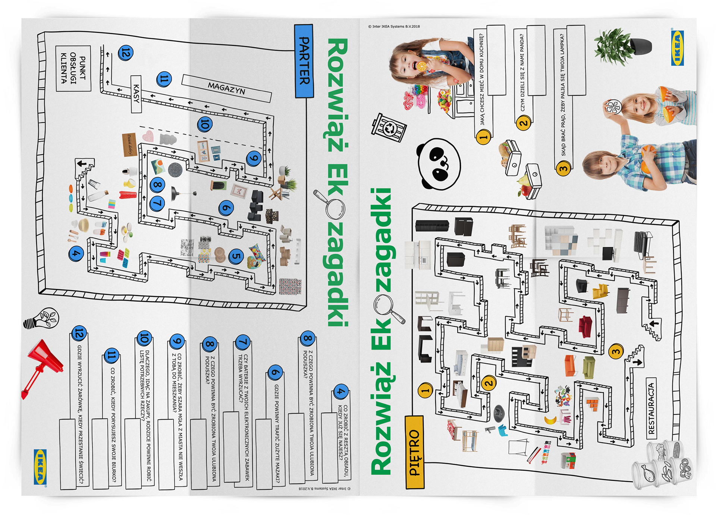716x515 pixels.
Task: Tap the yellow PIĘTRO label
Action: [x=415, y=452]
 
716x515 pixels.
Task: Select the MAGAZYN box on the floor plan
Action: [x=226, y=88]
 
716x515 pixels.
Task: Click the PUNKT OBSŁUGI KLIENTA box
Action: [x=73, y=69]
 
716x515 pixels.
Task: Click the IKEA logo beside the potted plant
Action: [x=677, y=48]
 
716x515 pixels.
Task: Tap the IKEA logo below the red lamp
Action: [x=40, y=467]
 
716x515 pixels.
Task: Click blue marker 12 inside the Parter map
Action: [x=125, y=53]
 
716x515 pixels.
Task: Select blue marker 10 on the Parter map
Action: [x=205, y=124]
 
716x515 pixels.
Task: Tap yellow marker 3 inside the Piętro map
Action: [x=616, y=351]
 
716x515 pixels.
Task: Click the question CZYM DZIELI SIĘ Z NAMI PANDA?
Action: [x=522, y=73]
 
